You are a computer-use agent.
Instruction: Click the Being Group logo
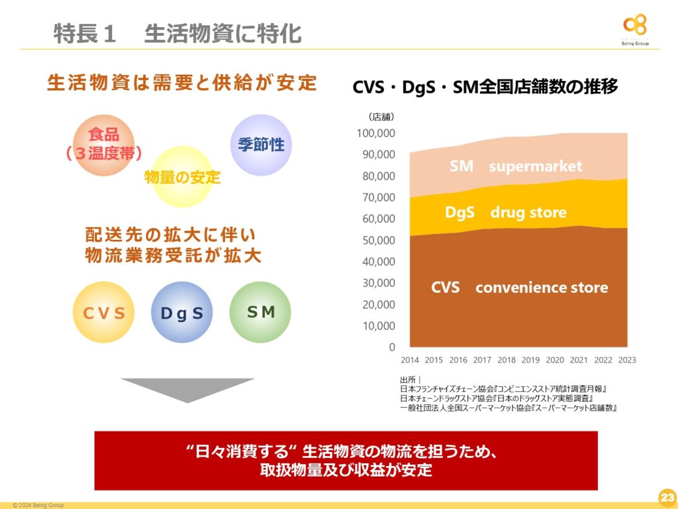point(635,29)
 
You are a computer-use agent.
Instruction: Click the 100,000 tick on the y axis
point(376,133)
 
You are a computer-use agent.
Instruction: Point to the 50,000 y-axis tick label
point(379,240)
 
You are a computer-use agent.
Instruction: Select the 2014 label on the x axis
point(409,360)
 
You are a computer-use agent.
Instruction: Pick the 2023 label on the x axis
point(627,360)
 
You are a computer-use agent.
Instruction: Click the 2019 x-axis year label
point(530,360)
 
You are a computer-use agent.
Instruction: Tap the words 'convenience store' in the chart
point(542,288)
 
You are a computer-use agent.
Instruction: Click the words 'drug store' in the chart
point(528,213)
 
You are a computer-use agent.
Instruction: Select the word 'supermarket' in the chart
point(535,166)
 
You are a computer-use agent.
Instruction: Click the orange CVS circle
point(104,313)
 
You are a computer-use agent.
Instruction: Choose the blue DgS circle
point(182,313)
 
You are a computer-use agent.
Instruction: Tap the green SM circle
point(260,313)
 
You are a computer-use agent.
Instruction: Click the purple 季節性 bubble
point(261,145)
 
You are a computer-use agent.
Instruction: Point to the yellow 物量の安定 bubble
point(183,176)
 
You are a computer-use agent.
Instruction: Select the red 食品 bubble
point(104,145)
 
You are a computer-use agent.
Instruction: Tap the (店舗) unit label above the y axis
point(381,117)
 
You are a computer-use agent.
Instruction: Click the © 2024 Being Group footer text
point(38,505)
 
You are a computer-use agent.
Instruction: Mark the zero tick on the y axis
point(392,347)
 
